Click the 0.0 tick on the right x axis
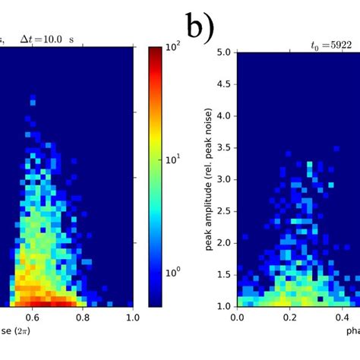238,317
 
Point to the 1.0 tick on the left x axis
133,317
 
